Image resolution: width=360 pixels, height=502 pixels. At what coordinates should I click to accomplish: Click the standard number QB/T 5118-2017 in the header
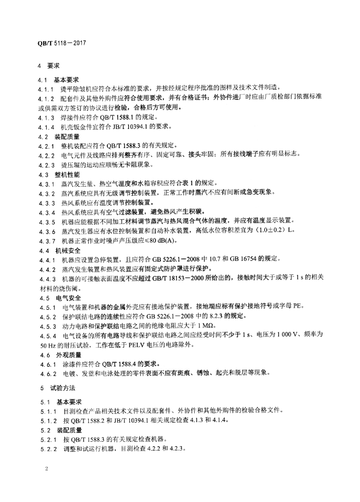tap(60, 43)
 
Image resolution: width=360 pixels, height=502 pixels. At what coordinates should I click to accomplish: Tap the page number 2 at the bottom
tap(46, 470)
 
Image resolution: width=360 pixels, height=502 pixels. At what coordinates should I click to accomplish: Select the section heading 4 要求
tap(49, 65)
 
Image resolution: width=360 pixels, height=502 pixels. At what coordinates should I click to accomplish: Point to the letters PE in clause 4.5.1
tap(298, 307)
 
